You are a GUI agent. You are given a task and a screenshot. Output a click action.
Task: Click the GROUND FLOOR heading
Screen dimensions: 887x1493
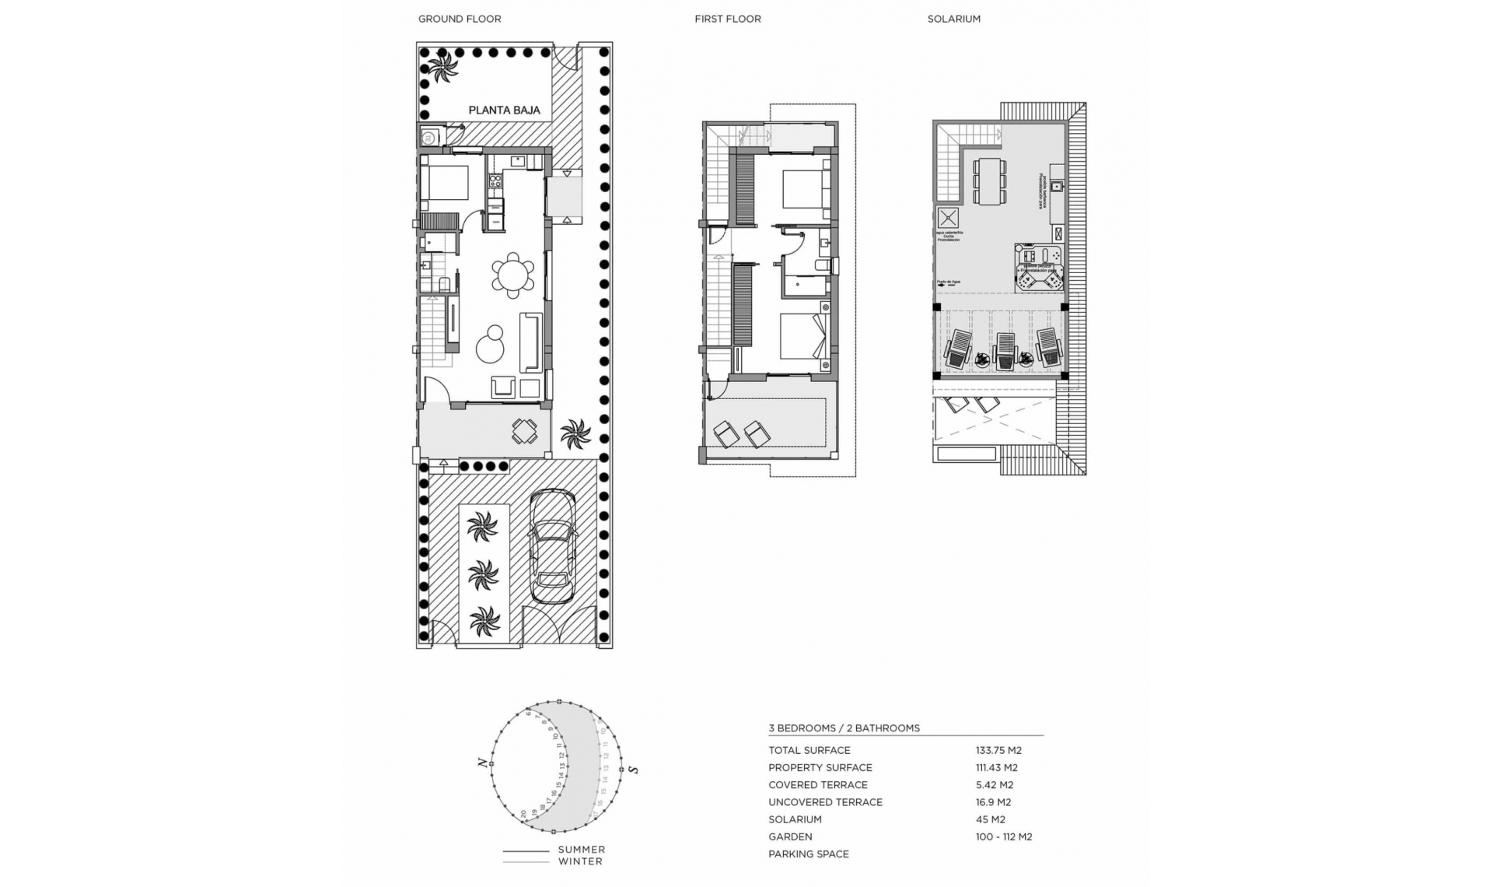(460, 19)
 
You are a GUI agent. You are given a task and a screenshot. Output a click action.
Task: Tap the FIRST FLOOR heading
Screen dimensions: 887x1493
(727, 19)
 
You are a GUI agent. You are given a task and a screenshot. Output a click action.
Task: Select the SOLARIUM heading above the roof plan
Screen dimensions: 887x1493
(953, 19)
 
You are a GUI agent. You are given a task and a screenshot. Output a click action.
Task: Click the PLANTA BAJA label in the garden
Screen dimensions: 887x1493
(504, 110)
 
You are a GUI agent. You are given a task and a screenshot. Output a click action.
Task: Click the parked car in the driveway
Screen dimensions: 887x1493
(552, 547)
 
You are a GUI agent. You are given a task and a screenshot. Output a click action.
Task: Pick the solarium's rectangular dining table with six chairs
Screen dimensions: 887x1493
(990, 181)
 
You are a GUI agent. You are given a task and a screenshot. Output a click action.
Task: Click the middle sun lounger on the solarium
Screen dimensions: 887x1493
(1005, 350)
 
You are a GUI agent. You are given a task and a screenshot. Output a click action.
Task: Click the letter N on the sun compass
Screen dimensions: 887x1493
(483, 763)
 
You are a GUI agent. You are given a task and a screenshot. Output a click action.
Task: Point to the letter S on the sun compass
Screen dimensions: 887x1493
(634, 770)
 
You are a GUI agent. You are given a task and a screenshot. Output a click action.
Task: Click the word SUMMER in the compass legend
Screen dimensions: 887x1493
(581, 850)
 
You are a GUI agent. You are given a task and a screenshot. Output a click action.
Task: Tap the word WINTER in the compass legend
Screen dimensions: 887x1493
(580, 861)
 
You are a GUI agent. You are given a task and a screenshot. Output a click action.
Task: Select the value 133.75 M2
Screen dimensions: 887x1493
(998, 750)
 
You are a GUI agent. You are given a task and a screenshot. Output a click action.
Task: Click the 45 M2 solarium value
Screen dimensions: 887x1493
(990, 819)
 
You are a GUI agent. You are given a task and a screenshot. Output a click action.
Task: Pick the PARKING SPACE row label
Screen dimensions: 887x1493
(808, 854)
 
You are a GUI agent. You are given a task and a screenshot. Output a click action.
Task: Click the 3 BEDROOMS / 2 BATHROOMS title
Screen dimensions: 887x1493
(844, 728)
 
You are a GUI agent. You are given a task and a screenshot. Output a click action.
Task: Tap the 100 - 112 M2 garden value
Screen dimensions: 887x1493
(1003, 836)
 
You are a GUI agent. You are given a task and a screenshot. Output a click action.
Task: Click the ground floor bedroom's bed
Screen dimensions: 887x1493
(444, 183)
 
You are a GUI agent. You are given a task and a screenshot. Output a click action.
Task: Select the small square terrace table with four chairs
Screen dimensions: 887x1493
(524, 431)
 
